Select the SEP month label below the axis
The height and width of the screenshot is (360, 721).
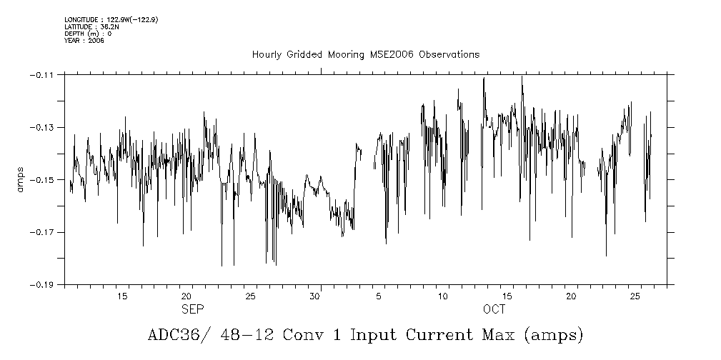192,309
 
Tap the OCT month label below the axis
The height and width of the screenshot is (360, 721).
494,309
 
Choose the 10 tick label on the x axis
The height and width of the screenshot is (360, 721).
443,296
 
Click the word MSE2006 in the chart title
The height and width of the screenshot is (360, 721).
394,55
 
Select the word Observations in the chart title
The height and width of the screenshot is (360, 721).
449,55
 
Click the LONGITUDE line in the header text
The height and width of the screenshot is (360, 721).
111,19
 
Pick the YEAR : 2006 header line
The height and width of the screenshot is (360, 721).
84,41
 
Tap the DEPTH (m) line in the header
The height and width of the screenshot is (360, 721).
88,34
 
